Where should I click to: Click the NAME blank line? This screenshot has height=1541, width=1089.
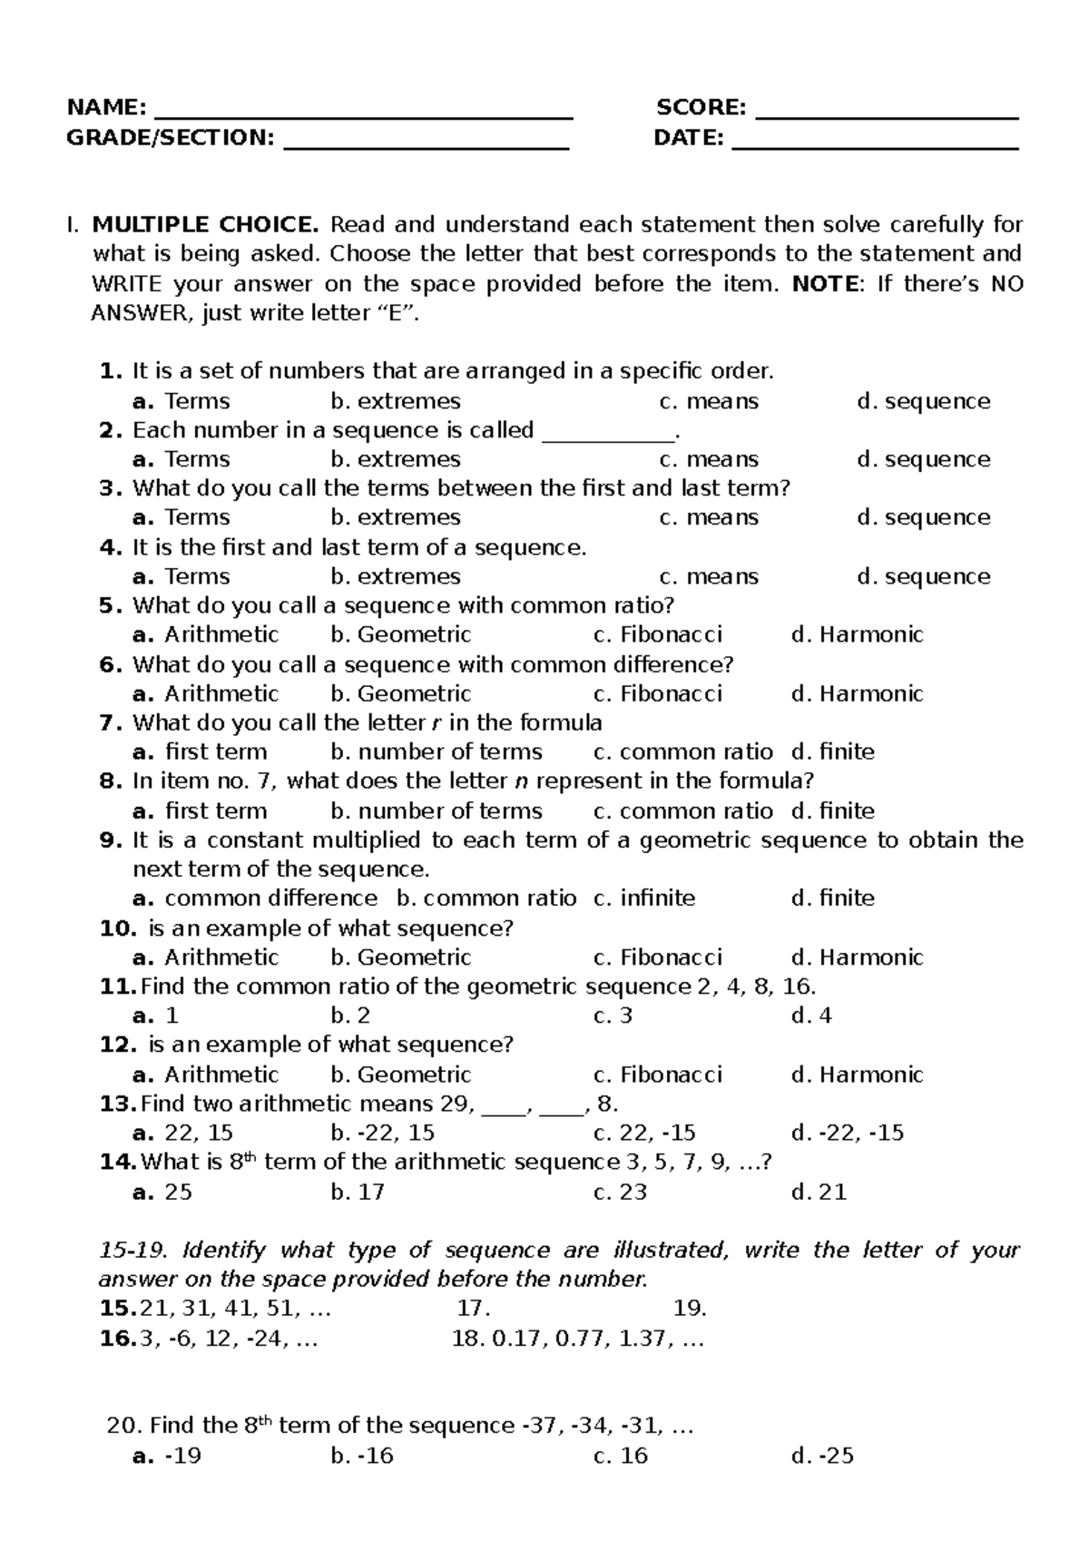point(364,115)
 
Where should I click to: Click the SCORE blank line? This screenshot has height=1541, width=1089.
point(887,115)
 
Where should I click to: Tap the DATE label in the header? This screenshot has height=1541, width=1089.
point(688,138)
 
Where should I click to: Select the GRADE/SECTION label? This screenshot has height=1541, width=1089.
point(170,138)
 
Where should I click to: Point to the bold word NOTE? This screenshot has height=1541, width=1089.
point(824,284)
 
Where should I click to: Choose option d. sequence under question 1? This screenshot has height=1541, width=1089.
point(923,401)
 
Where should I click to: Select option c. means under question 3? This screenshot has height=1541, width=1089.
point(709,517)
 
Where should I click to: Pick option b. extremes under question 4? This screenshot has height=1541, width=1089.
point(396,576)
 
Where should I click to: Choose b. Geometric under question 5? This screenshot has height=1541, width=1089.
point(401,634)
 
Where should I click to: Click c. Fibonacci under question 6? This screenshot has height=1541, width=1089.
point(658,693)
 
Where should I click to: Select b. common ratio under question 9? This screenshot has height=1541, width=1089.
point(487,898)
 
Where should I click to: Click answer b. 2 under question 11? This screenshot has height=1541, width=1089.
point(350,1016)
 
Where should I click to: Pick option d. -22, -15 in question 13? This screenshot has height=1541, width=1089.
point(848,1133)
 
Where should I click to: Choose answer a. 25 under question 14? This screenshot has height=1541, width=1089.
point(162,1192)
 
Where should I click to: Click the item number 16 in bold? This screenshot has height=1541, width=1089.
point(117,1339)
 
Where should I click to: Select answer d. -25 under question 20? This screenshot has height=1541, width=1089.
point(822,1456)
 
